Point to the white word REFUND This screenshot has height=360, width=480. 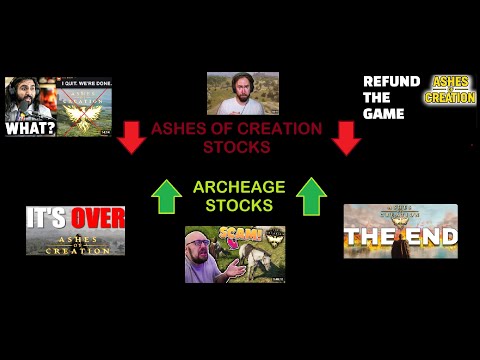pyautogui.click(x=391, y=81)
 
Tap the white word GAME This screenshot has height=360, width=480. pyautogui.click(x=384, y=114)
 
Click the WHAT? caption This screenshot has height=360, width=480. pyautogui.click(x=30, y=128)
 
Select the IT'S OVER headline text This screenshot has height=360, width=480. pyautogui.click(x=76, y=217)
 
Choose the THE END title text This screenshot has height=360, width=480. pyautogui.click(x=400, y=237)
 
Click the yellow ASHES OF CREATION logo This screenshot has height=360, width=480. pyautogui.click(x=450, y=89)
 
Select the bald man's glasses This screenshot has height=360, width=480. pyautogui.click(x=207, y=249)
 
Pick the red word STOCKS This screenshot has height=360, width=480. pyautogui.click(x=238, y=147)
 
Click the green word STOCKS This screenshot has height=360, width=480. pyautogui.click(x=238, y=206)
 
